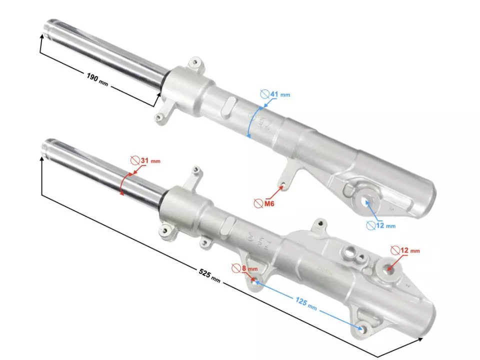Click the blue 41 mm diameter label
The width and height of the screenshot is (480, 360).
tap(279, 94)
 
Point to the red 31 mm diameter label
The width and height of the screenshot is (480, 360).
tap(149, 160)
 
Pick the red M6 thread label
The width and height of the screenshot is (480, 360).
tap(269, 203)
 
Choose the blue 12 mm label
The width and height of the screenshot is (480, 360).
tap(385, 225)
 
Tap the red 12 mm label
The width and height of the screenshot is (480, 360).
tap(410, 249)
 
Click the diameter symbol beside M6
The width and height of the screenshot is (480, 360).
tap(258, 203)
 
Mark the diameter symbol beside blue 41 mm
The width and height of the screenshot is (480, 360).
tap(264, 93)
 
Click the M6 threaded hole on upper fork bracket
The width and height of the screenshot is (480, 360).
tap(283, 186)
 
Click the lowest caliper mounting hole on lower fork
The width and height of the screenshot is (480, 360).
tap(364, 328)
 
